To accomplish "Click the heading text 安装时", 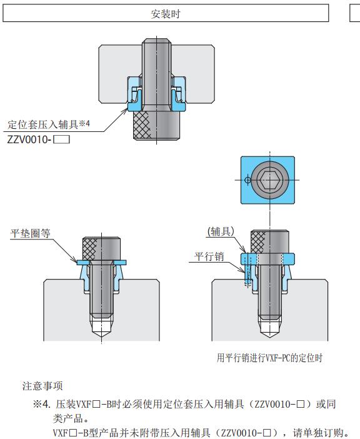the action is (x=166, y=14).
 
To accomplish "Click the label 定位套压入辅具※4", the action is (x=49, y=124).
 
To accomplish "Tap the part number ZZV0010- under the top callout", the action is (x=29, y=139).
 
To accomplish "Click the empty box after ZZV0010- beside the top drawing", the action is (x=61, y=139).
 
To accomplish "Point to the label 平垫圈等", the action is (x=30, y=233).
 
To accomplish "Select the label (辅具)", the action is (x=221, y=231).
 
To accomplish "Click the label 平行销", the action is (x=209, y=256).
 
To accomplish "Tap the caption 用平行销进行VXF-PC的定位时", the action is (x=269, y=358).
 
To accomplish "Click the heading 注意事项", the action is (x=42, y=386).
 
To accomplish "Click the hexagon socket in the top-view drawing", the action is (x=269, y=179).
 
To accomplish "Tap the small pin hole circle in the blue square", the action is (x=248, y=179).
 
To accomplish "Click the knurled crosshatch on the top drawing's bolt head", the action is (x=142, y=126).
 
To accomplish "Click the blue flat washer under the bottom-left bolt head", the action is (x=101, y=262).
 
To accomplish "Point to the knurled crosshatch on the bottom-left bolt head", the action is (x=90, y=249).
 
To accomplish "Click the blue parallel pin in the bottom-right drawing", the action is (x=246, y=269).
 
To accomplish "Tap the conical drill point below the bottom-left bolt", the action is (x=101, y=328).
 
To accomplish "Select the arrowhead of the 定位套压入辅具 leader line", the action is (x=125, y=111).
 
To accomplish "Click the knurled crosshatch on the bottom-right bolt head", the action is (x=257, y=241).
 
